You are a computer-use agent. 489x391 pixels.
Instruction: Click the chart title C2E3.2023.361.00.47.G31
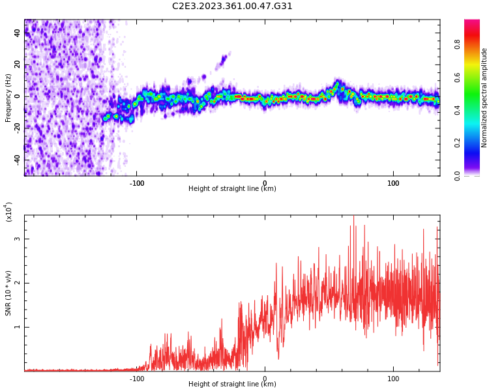point(232,7)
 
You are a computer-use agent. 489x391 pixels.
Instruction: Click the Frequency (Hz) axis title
point(8,97)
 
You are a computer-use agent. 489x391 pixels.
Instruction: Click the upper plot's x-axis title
point(232,189)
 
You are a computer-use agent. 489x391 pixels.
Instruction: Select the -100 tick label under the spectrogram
point(136,183)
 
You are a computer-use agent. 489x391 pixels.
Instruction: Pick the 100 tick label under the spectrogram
point(393,183)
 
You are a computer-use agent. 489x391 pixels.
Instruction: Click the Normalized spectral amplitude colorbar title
point(484,97)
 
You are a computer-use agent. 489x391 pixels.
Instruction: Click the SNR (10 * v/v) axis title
point(8,293)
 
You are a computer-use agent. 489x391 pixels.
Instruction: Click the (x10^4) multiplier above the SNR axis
point(8,212)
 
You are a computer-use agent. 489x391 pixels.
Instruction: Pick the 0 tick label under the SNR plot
point(265,379)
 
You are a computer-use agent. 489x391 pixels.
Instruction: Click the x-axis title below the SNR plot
point(232,384)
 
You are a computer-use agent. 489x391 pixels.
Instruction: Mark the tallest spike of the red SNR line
point(353,216)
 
